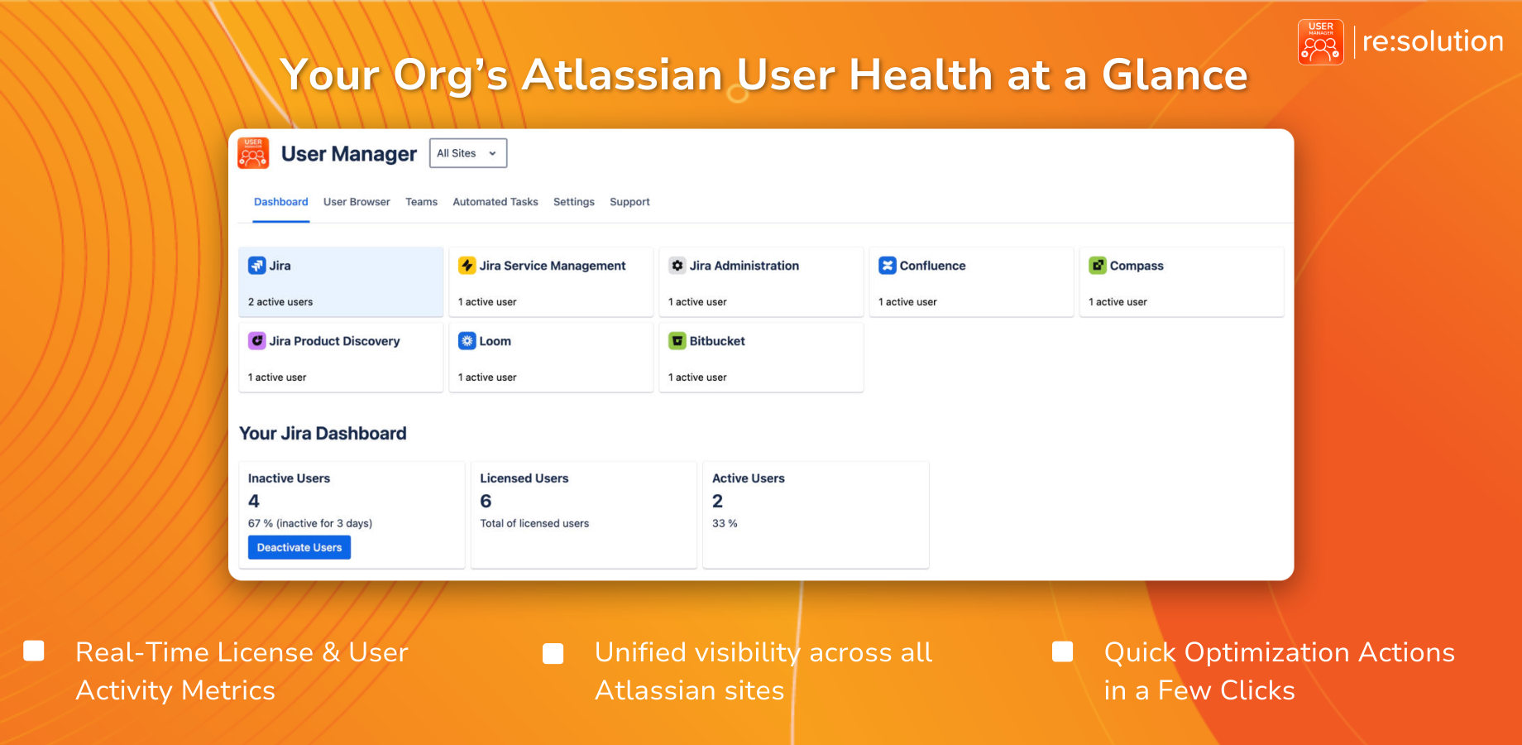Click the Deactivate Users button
[299, 547]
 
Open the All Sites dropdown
[468, 153]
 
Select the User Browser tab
[357, 202]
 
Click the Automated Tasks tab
[495, 202]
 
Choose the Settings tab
[574, 202]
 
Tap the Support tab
[629, 202]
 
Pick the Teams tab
[421, 202]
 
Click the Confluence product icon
[888, 265]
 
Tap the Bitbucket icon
[677, 340]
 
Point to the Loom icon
[467, 340]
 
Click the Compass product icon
[1098, 265]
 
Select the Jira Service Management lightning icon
[467, 265]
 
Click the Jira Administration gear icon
[677, 265]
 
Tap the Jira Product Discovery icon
[257, 340]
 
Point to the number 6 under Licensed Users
[486, 501]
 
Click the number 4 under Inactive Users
[254, 501]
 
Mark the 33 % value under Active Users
[725, 523]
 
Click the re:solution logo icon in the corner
[1321, 42]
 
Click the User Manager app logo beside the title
[253, 153]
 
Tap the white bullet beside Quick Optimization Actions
[1062, 652]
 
